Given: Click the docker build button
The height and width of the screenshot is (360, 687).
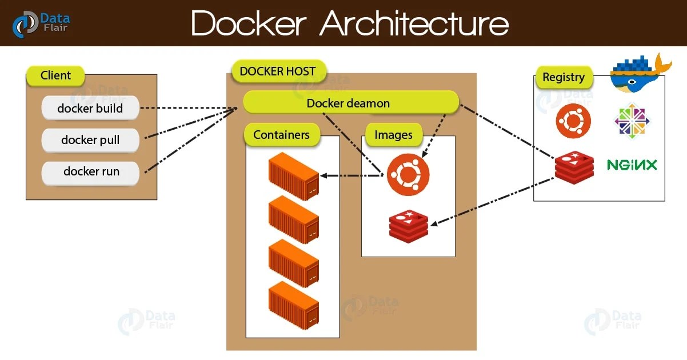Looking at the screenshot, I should point(90,108).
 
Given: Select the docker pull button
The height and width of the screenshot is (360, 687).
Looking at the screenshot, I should point(90,140).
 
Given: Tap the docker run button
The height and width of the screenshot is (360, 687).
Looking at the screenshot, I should point(91,171).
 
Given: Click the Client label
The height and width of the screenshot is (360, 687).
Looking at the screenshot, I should point(55,75).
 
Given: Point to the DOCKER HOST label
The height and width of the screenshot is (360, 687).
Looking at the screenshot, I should point(278,71).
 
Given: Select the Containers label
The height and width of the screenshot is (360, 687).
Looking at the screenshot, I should point(281,135).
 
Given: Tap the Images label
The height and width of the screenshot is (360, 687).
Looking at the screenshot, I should point(393,135).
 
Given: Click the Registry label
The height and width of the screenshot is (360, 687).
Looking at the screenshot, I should point(564,77).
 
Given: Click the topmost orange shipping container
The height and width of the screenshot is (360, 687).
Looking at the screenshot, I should point(293,177).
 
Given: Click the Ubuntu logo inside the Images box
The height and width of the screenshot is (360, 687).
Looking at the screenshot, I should point(408,175).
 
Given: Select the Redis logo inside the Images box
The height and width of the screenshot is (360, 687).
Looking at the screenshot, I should point(409,226).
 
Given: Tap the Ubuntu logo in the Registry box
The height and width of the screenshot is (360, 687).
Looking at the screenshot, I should point(573,121).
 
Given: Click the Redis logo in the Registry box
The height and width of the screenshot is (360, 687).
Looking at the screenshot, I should point(574,168).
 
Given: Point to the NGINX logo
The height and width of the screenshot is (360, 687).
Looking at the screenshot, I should point(632,165).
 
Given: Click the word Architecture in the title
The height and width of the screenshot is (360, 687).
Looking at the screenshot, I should point(414,24).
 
